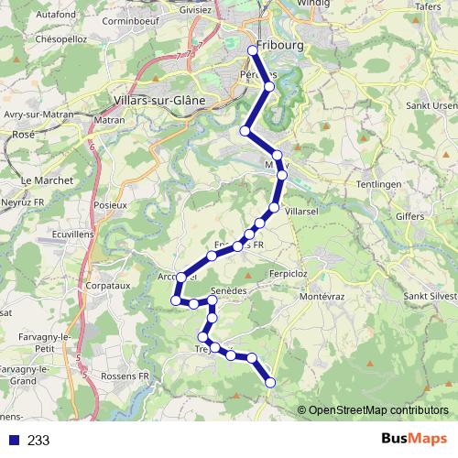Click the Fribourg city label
coord(280,46)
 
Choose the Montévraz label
coord(322,298)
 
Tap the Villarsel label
coord(301,211)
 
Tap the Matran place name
coord(110,119)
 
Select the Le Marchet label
coord(39,180)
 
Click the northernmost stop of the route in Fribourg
coord(253,49)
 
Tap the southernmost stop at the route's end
coord(270,382)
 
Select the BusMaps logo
coord(409,440)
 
